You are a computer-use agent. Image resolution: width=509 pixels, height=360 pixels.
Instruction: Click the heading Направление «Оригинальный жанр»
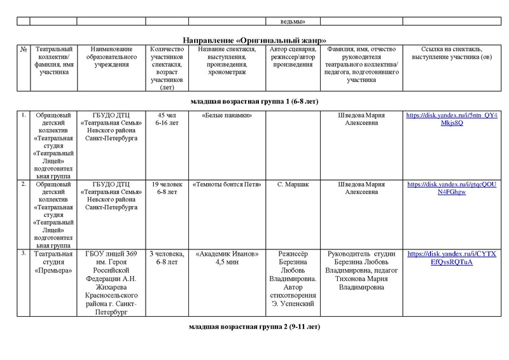coord(254,39)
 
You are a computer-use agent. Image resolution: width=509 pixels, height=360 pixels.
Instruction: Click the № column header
coord(24,49)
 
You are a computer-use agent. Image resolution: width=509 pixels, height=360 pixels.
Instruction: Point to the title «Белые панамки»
coord(227,115)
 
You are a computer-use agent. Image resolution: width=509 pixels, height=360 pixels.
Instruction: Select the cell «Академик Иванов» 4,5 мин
coord(227,258)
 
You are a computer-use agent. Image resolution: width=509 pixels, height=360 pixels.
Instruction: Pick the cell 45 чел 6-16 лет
coord(166,119)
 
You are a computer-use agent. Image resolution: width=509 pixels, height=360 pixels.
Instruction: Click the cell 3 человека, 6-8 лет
coord(166,258)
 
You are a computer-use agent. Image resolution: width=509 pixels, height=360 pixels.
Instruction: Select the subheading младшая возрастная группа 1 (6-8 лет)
coord(254,101)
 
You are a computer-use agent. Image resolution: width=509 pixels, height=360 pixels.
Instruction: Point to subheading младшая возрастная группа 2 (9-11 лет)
coord(254,327)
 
